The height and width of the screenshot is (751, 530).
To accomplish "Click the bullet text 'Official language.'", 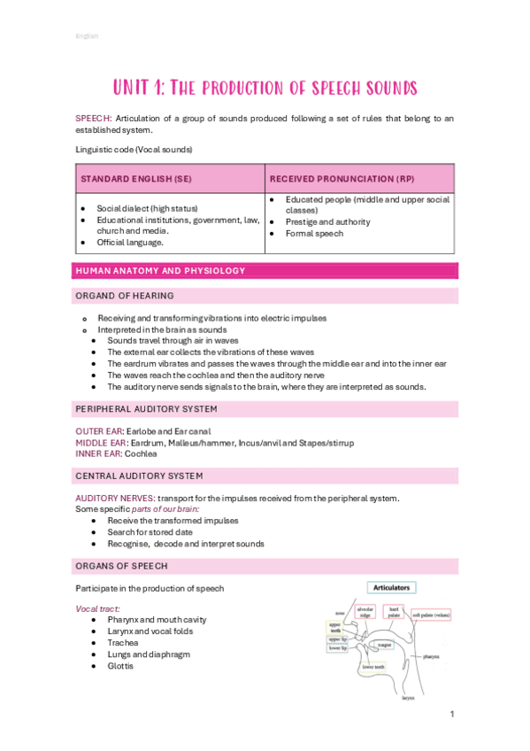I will click(x=130, y=241).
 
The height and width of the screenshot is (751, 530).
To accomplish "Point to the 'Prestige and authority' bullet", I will click(x=327, y=221).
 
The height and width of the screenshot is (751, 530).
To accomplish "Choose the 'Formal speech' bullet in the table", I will click(x=312, y=233).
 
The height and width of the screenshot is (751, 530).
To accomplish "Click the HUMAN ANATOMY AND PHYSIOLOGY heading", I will click(x=160, y=270).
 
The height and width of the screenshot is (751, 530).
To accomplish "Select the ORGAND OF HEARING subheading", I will click(x=125, y=295).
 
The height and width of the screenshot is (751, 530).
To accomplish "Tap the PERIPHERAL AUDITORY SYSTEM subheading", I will click(x=146, y=408).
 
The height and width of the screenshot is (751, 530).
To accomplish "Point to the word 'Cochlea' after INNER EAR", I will click(x=141, y=453).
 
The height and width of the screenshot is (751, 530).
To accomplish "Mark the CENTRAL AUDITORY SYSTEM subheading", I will click(x=139, y=476).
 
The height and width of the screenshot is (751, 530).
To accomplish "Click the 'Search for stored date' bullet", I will click(x=150, y=532).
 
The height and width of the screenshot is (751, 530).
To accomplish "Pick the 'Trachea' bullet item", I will click(x=123, y=643).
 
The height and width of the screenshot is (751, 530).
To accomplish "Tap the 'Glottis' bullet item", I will click(x=121, y=666).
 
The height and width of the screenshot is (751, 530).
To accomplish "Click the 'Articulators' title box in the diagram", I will click(x=390, y=587).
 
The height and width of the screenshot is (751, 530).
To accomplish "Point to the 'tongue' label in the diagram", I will click(x=385, y=646).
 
